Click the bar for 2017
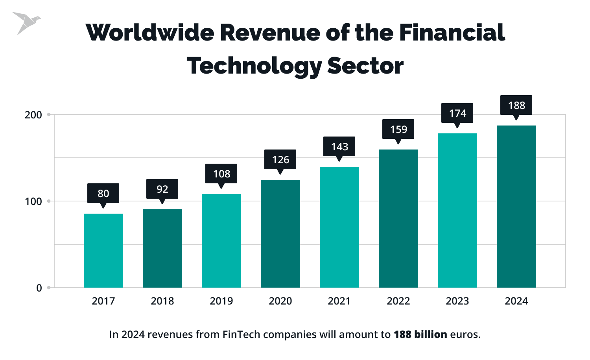(103, 251)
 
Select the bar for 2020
(280, 234)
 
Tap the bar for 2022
(398, 218)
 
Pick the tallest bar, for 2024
(516, 207)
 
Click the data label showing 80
(103, 193)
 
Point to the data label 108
(221, 174)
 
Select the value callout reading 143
(339, 146)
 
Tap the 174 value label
(457, 113)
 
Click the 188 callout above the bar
(516, 105)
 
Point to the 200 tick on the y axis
(33, 115)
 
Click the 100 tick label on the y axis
(33, 201)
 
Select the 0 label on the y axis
(39, 288)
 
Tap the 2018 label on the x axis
(162, 301)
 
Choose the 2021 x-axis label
(339, 301)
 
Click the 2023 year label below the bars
(457, 301)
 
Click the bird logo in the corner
(25, 23)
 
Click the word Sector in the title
(365, 66)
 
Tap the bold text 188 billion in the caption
(420, 334)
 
